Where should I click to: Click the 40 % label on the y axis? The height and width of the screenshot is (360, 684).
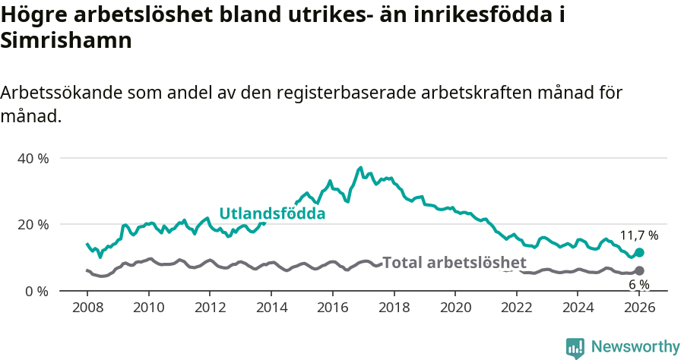33,158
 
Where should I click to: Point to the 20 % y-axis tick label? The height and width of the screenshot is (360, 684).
33,225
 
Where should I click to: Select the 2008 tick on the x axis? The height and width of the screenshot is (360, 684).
87,308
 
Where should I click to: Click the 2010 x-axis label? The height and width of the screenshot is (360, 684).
148,308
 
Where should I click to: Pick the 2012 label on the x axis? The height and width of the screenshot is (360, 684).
210,308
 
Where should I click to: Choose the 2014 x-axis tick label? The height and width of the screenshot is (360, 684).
271,308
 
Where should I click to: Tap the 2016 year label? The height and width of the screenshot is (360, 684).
333,308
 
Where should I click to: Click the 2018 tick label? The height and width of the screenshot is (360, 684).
394,308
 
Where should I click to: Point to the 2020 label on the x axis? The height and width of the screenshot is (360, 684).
455,308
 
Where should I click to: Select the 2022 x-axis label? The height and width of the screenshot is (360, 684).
517,308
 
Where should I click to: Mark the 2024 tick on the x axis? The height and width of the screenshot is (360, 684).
578,308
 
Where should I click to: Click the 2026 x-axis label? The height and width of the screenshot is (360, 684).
639,308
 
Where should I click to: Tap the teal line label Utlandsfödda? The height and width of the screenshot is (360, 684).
272,214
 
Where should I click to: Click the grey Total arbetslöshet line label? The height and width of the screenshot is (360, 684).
454,263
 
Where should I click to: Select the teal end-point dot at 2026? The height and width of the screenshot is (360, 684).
639,252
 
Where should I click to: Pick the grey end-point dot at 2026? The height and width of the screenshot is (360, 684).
639,271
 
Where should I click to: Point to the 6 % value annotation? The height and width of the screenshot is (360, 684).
639,285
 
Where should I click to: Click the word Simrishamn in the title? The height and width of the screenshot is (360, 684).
67,41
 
